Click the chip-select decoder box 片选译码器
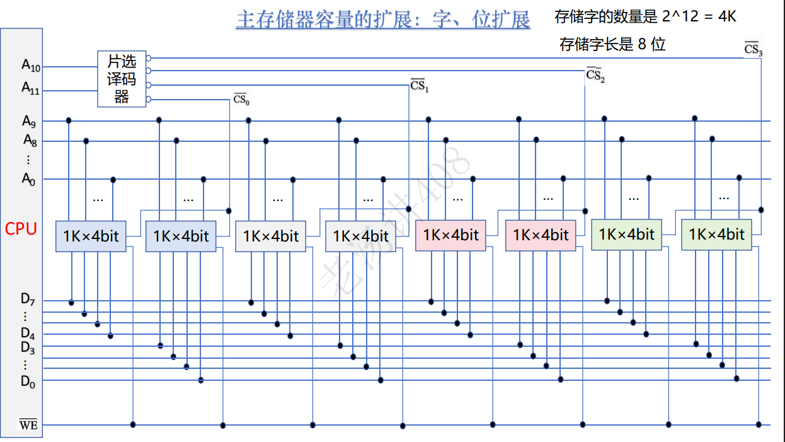[122, 79]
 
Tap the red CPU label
[21, 228]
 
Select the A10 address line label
[31, 65]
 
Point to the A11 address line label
[31, 89]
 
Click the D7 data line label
[28, 300]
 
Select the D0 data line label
[28, 381]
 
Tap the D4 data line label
[28, 332]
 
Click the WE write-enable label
[28, 425]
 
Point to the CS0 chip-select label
[242, 100]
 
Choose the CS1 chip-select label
[420, 85]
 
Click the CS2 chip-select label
[595, 75]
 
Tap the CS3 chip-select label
[753, 49]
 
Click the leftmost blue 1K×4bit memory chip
[91, 236]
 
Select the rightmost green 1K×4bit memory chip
[716, 234]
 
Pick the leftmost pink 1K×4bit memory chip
[450, 235]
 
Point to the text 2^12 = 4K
[699, 16]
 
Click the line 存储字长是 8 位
[612, 44]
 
